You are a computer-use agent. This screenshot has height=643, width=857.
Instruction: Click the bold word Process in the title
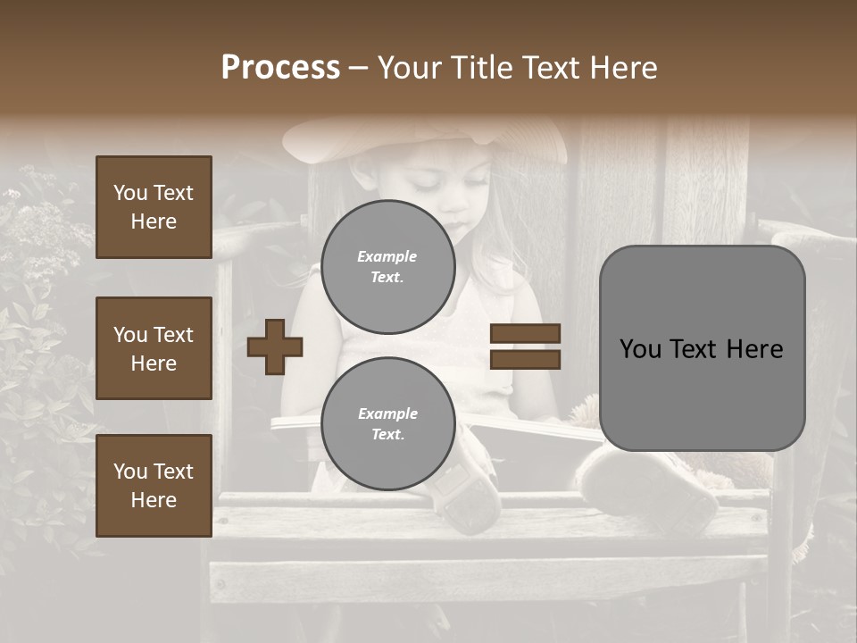point(280,68)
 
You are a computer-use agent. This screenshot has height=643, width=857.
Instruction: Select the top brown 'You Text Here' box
point(154,207)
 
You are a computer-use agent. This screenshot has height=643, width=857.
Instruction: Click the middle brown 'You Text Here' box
point(154,348)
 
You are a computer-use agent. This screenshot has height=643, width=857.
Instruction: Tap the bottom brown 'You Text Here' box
point(154,486)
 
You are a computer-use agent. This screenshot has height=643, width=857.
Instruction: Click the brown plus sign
point(275,347)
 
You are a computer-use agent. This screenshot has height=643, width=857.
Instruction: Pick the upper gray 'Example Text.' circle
point(387,266)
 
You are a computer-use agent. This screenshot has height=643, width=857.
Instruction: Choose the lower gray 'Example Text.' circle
point(387,423)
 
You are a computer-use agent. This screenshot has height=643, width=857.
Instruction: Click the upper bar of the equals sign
point(525,334)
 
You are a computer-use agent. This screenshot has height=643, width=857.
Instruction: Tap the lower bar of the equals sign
point(525,359)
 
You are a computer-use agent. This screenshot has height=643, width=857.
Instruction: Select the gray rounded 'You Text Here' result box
point(702,348)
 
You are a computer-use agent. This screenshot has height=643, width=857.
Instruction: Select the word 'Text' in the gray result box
point(703,349)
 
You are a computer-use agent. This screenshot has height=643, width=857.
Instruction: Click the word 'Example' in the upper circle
point(387,256)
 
